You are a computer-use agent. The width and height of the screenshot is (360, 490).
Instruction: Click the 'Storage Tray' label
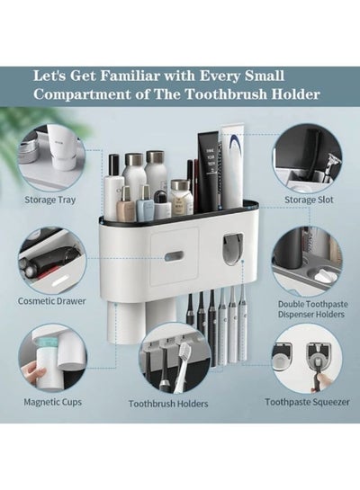pyautogui.click(x=50, y=200)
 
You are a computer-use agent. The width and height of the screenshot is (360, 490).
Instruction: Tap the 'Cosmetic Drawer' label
pyautogui.click(x=51, y=301)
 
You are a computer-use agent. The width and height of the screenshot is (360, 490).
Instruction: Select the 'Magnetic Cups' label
pyautogui.click(x=52, y=402)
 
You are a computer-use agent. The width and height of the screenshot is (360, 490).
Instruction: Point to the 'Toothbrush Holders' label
pyautogui.click(x=168, y=404)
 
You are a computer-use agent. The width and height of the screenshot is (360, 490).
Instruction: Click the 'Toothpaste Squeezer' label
pyautogui.click(x=308, y=402)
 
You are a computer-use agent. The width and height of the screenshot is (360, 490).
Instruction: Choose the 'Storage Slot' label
pyautogui.click(x=309, y=200)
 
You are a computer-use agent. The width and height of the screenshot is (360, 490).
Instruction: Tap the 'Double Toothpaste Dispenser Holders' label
pyautogui.click(x=313, y=309)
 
